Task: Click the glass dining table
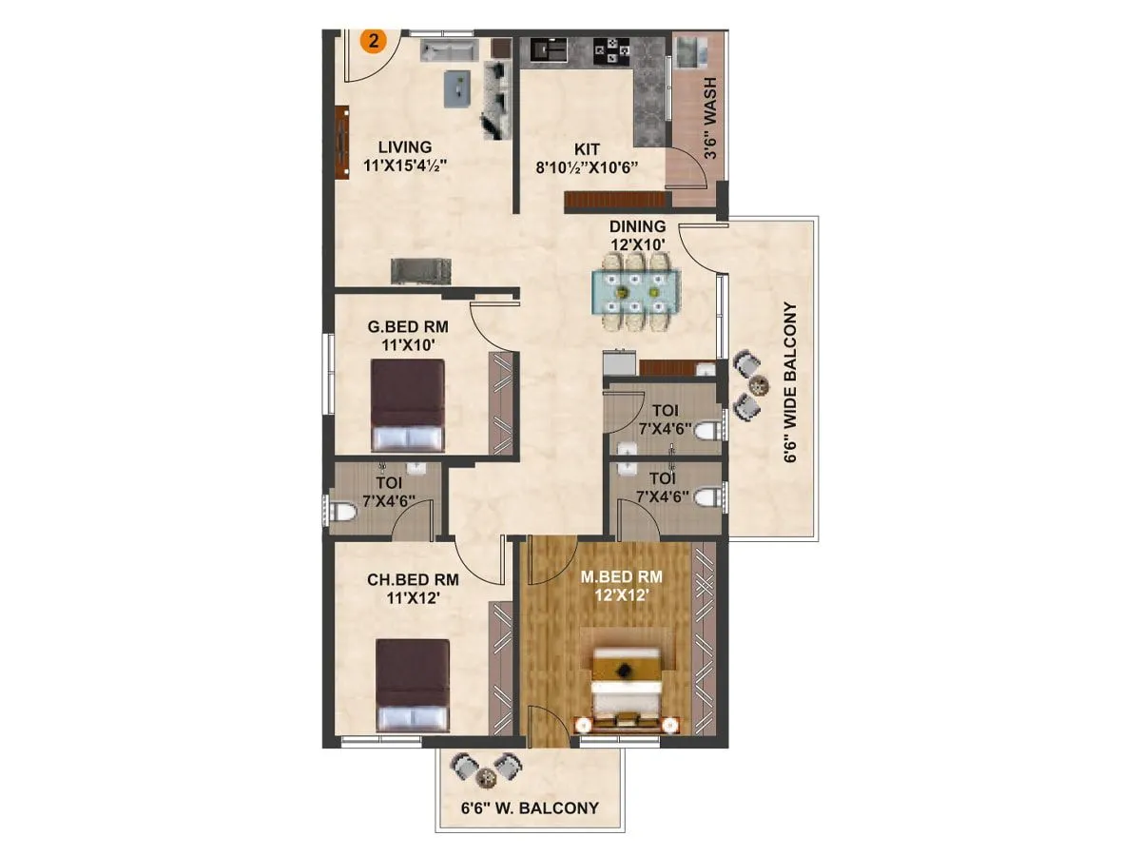pos(636,290)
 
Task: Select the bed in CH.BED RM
pos(413,685)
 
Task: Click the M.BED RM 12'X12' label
pos(623,585)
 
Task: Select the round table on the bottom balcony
pos(488,778)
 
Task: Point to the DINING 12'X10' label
pos(637,235)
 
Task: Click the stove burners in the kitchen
pos(607,49)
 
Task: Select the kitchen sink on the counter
pos(548,48)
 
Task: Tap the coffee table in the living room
pos(458,88)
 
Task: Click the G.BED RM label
pos(408,326)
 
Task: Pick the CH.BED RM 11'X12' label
pos(413,587)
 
